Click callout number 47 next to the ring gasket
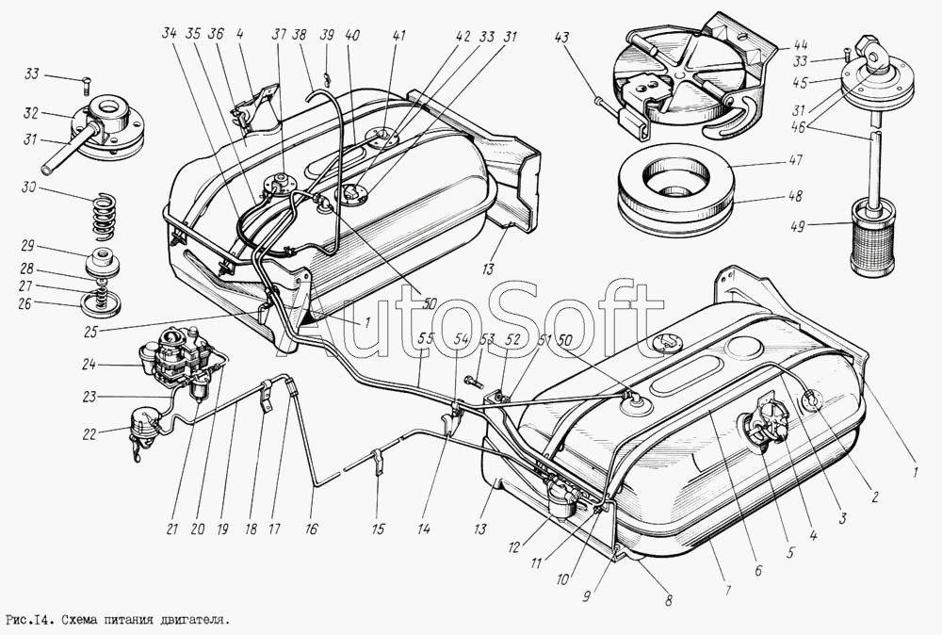point(796,162)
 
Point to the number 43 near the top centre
point(561,39)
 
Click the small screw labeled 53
point(475,382)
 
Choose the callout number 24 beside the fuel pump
point(89,364)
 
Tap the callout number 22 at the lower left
point(89,433)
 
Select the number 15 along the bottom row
point(378,529)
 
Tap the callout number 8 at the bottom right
point(668,599)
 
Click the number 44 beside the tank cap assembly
point(800,44)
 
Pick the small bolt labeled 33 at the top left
point(84,87)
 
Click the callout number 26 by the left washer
point(24,304)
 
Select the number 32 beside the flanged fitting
point(31,114)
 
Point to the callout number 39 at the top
point(326,35)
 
